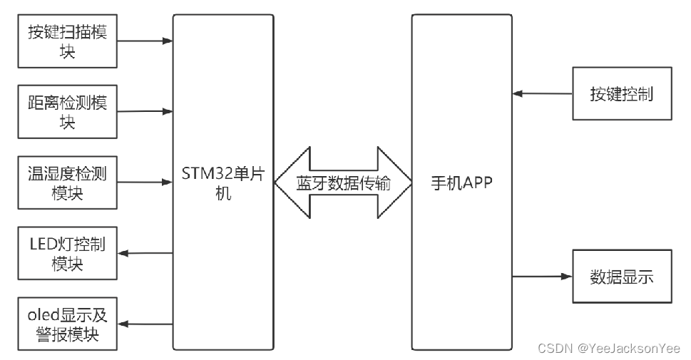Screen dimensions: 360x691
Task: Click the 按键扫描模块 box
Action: (x=67, y=41)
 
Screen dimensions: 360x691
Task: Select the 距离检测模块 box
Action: (x=67, y=112)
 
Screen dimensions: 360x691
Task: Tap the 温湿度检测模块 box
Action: (x=67, y=183)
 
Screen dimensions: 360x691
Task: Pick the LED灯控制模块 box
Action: (x=67, y=254)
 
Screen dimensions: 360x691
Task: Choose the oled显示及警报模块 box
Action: (x=67, y=324)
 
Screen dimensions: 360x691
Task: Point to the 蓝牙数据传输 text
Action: (x=343, y=183)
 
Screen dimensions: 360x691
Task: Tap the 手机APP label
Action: (x=462, y=183)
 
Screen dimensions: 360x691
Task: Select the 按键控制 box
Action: (x=622, y=93)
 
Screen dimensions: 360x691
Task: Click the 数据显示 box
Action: (x=622, y=277)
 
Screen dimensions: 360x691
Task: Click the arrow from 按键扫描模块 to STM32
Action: (x=145, y=41)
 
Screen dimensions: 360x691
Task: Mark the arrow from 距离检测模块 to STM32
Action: (x=145, y=112)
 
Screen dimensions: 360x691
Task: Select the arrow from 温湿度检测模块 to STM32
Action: (x=145, y=183)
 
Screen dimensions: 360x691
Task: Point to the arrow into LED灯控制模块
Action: (x=145, y=254)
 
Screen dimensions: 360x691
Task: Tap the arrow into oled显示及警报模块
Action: (x=145, y=324)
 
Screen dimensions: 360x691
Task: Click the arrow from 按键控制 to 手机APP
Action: (x=542, y=93)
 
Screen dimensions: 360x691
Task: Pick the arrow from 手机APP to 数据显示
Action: (x=542, y=277)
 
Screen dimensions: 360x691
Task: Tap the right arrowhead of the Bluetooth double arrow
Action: (x=396, y=183)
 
